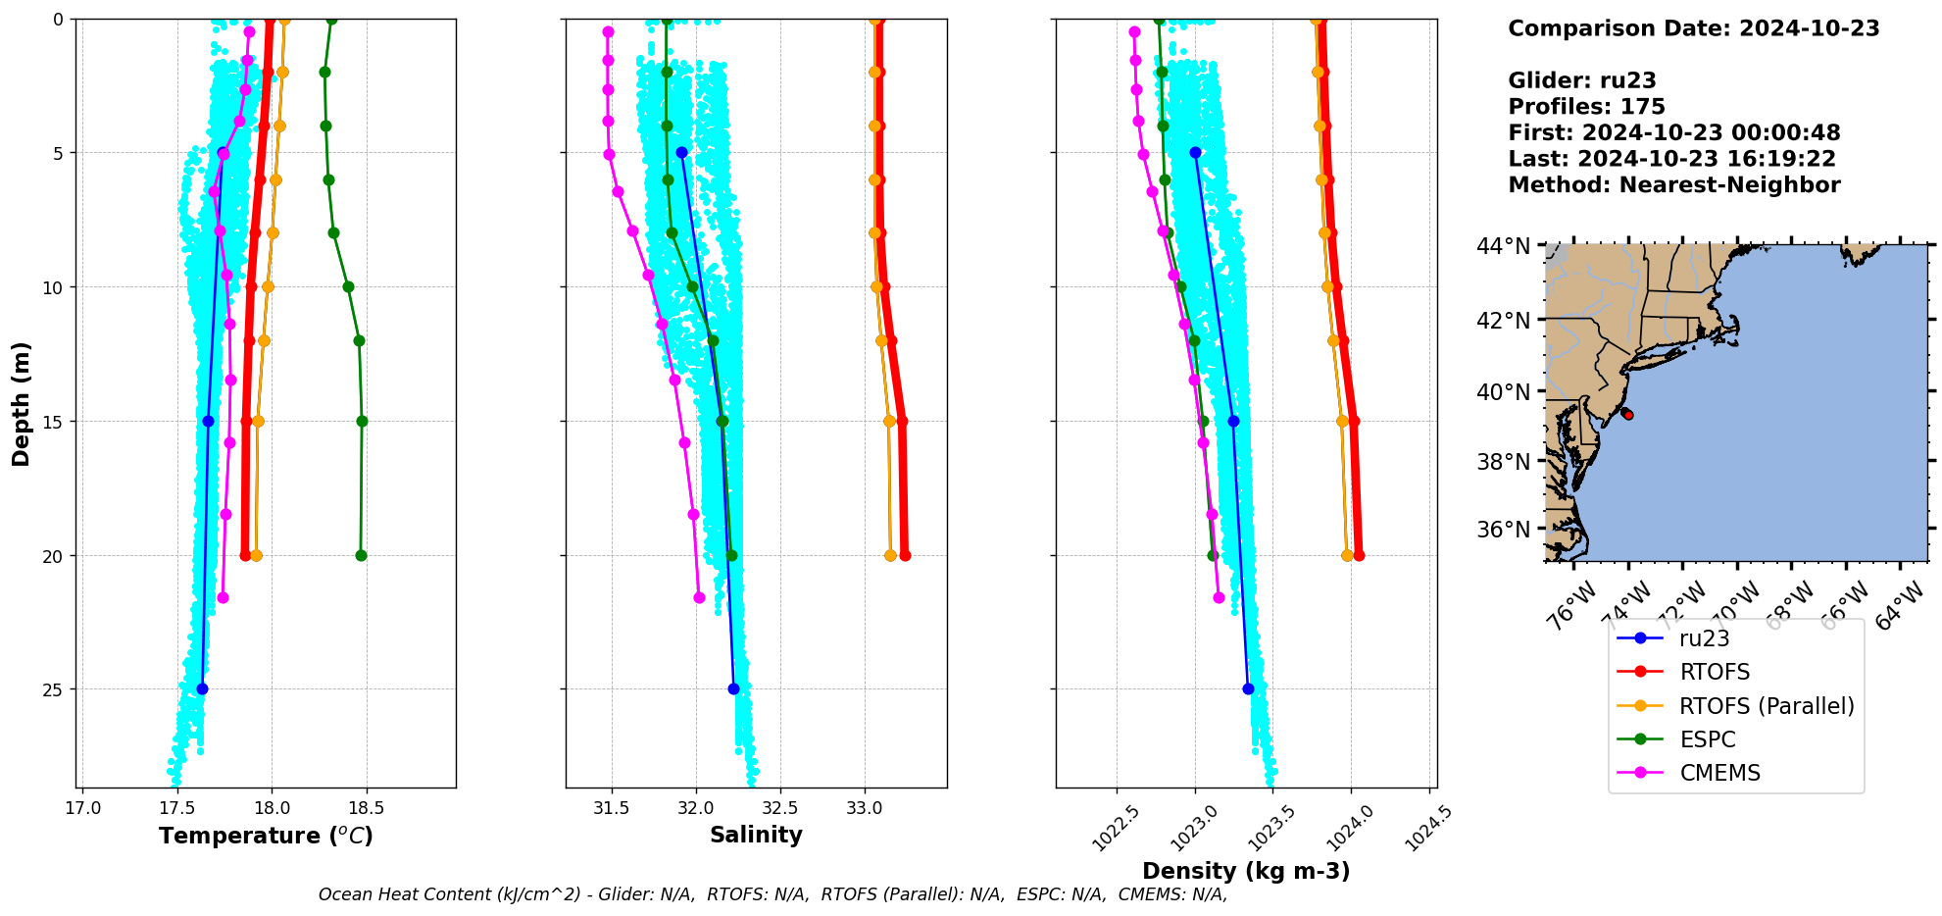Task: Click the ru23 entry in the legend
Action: tap(1704, 638)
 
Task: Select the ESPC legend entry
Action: tap(1707, 739)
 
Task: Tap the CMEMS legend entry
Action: tap(1719, 773)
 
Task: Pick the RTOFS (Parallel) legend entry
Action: tap(1766, 706)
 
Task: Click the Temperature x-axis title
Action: tap(266, 836)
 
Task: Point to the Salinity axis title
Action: tap(756, 835)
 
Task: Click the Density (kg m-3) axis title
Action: tap(1246, 871)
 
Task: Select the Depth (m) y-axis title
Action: tap(22, 403)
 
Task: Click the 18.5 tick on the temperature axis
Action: tap(366, 809)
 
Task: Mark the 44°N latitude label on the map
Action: tap(1503, 246)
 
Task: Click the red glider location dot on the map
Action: tap(1628, 415)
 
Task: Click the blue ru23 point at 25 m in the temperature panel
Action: tap(202, 688)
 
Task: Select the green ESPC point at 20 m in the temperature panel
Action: tap(361, 555)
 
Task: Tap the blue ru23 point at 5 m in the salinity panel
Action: tap(681, 152)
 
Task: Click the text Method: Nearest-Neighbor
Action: tap(1673, 185)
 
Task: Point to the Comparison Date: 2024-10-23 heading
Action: tap(1693, 28)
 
